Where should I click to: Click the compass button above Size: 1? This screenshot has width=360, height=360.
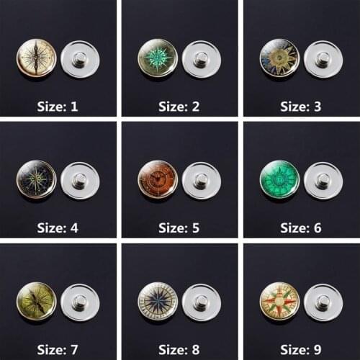37,58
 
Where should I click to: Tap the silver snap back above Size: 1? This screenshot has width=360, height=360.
81,58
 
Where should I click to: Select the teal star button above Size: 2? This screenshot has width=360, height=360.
158,58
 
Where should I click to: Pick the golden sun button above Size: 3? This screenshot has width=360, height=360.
279,58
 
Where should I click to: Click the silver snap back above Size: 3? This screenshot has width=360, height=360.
323,58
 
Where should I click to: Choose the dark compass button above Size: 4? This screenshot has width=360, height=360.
37,179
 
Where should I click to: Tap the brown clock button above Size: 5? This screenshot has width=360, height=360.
158,179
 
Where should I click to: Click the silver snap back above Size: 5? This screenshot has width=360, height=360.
202,179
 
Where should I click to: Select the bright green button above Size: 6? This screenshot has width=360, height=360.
279,179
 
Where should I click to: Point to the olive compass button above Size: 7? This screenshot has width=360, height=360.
37,301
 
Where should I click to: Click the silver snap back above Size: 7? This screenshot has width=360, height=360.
81,301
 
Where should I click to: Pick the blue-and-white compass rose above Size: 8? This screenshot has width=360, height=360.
158,301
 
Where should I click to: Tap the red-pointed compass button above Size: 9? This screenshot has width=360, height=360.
279,301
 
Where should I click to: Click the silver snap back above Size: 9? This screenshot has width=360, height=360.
323,301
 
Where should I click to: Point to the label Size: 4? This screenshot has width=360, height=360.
58,228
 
